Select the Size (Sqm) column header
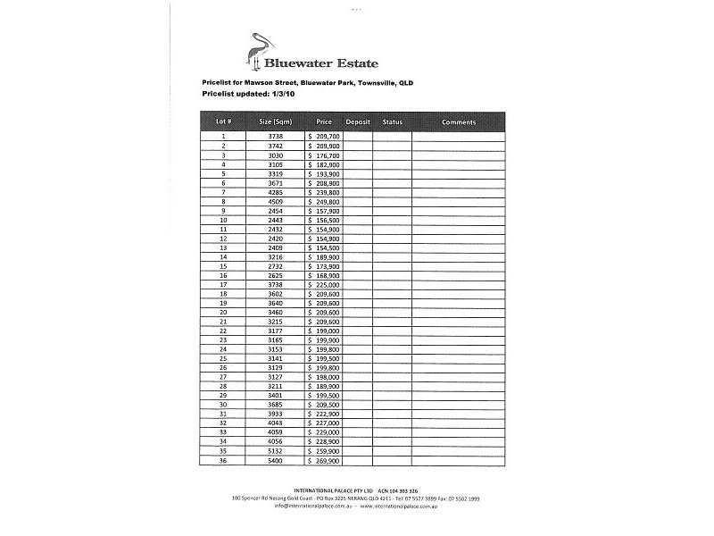point(275,121)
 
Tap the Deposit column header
point(358,121)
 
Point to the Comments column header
point(458,121)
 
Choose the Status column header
point(393,121)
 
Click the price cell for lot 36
point(324,461)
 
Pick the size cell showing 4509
point(275,202)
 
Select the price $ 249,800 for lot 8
point(324,202)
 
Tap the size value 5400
point(275,461)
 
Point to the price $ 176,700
point(324,155)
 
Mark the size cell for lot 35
point(275,452)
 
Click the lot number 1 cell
point(223,137)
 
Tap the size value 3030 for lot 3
point(275,155)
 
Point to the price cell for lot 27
point(324,377)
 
